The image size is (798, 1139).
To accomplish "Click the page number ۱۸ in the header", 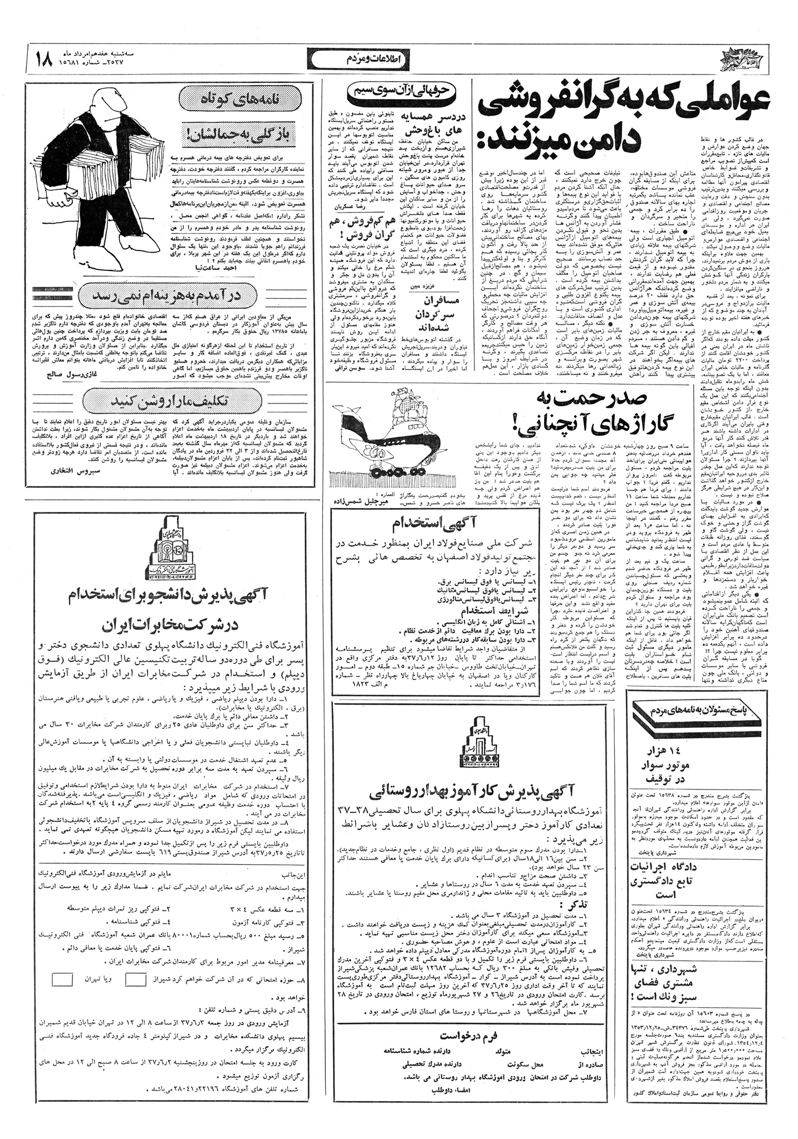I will coord(45,58).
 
